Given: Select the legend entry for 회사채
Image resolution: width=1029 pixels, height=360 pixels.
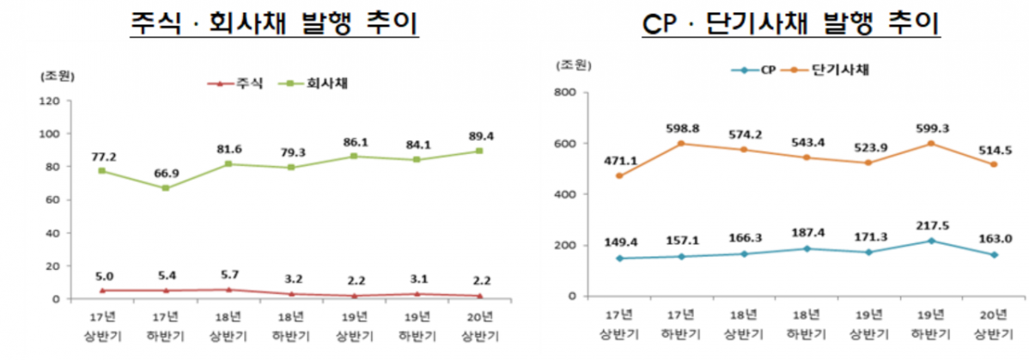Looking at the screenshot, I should coord(323,83).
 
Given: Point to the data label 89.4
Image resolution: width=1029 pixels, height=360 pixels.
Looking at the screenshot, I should coord(478,136).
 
